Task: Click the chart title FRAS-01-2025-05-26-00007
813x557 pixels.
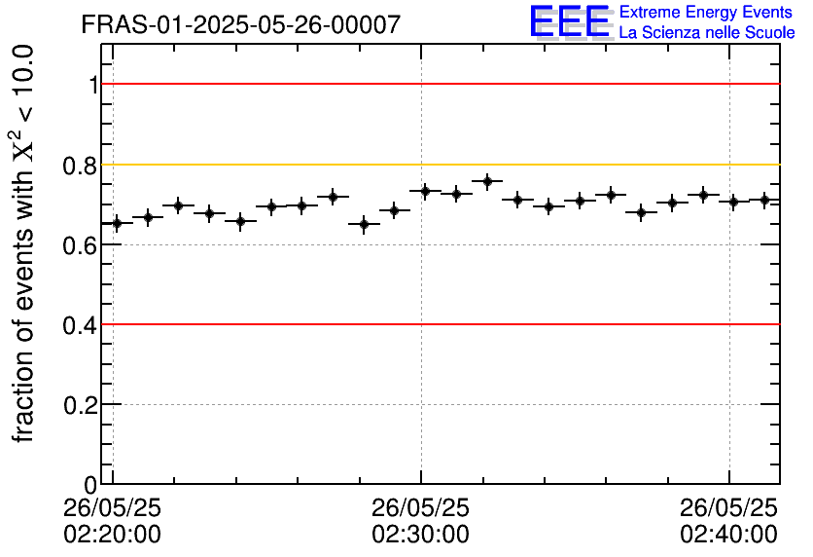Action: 240,24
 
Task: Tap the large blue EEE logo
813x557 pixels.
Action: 570,21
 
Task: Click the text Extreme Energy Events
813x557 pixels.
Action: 707,13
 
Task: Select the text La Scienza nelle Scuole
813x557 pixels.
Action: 707,33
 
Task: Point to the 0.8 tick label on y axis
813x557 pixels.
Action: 81,166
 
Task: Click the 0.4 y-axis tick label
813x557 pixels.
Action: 81,325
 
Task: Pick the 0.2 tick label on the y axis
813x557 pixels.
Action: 81,405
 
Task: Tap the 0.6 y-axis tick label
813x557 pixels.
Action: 81,245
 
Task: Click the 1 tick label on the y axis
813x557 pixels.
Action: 93,86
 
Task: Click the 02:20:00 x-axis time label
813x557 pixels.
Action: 113,535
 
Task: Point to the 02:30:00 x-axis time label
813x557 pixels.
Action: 420,535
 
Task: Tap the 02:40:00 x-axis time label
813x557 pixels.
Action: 728,535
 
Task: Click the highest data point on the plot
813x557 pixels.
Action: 487,181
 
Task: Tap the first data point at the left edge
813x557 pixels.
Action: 117,223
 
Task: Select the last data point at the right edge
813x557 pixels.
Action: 765,200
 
